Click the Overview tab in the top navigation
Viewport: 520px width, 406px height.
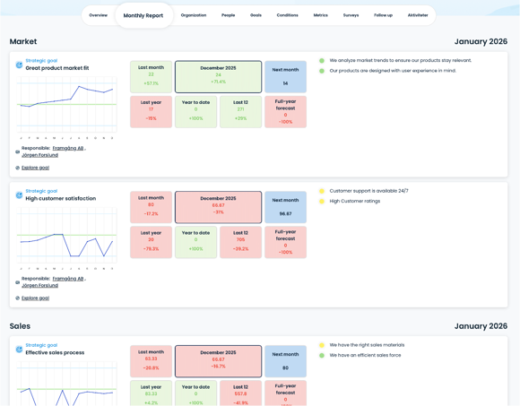(x=99, y=15)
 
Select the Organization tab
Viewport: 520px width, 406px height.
(x=194, y=15)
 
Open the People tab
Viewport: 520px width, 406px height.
(x=229, y=15)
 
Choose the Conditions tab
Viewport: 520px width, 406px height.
(x=287, y=15)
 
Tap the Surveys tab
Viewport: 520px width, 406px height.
(x=351, y=15)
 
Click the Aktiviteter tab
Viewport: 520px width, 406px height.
(x=418, y=15)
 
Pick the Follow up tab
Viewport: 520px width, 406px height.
(x=383, y=15)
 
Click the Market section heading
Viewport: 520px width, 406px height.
(x=23, y=42)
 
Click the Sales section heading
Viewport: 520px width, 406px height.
(x=20, y=326)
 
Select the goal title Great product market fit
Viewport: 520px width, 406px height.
(x=57, y=68)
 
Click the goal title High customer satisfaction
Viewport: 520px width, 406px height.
(x=60, y=198)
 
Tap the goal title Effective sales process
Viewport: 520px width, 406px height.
(x=55, y=352)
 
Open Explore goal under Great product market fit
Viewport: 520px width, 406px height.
(x=35, y=168)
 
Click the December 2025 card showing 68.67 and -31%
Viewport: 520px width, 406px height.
(x=218, y=206)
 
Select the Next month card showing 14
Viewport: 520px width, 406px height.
(x=285, y=76)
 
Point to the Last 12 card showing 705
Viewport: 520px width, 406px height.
(x=240, y=241)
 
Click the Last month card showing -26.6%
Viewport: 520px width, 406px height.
(x=151, y=360)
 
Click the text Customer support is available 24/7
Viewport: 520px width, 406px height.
(x=368, y=191)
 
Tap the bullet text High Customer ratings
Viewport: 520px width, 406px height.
(x=354, y=201)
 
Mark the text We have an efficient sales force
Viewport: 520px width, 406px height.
(x=365, y=355)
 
